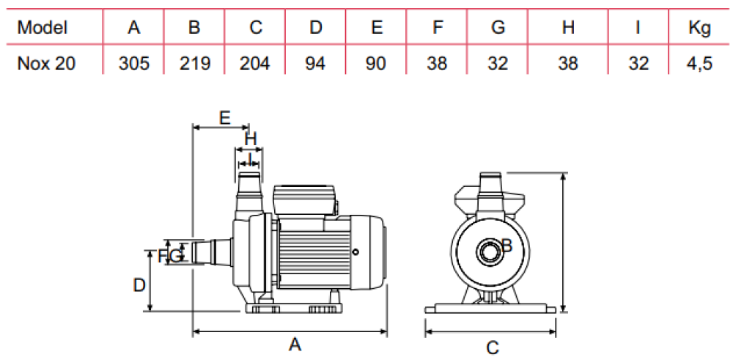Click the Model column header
pos(43,28)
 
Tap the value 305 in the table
pos(133,64)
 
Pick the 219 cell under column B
pos(194,64)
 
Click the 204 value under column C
pos(255,64)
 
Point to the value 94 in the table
pos(315,64)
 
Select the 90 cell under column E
pos(376,64)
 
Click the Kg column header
pos(699,28)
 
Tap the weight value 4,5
pos(699,64)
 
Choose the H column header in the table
pos(568,28)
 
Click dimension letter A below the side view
pos(295,344)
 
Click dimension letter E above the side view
pos(225,117)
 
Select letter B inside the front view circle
pos(506,246)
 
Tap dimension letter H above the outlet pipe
pos(251,137)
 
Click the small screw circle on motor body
pos(356,252)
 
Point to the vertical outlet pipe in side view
pos(248,192)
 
